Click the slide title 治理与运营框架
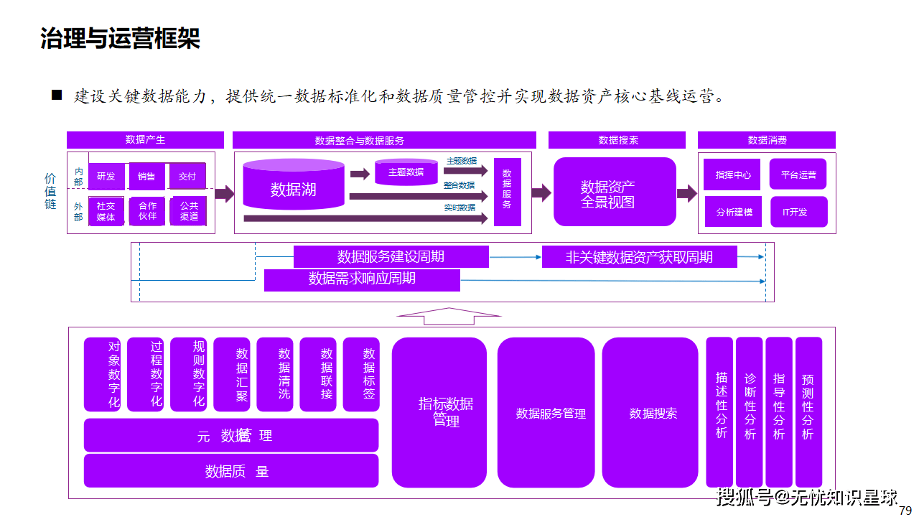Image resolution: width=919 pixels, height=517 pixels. click(x=120, y=39)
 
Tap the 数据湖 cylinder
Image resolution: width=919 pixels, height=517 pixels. click(x=294, y=185)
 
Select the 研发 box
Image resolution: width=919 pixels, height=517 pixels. click(x=106, y=176)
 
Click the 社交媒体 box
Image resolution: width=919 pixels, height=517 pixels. click(x=106, y=211)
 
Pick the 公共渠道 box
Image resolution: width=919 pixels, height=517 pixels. click(x=189, y=211)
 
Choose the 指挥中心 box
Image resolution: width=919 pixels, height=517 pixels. click(x=733, y=174)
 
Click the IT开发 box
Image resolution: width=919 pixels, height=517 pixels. click(x=798, y=213)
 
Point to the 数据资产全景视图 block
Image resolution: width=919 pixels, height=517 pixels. click(x=615, y=192)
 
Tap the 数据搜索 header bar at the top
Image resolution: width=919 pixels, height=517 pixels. click(x=617, y=140)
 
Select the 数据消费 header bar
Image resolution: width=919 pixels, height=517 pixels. click(x=766, y=140)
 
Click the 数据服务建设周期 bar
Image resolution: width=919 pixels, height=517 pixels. click(x=391, y=256)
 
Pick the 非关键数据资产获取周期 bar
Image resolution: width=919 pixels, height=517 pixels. click(x=639, y=256)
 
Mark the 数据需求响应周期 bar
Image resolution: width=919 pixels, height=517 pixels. click(x=362, y=279)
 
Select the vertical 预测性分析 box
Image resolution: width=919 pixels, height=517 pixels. click(x=808, y=411)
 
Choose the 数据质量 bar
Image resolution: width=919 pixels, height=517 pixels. click(x=230, y=471)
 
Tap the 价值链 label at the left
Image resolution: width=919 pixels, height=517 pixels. click(x=50, y=191)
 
